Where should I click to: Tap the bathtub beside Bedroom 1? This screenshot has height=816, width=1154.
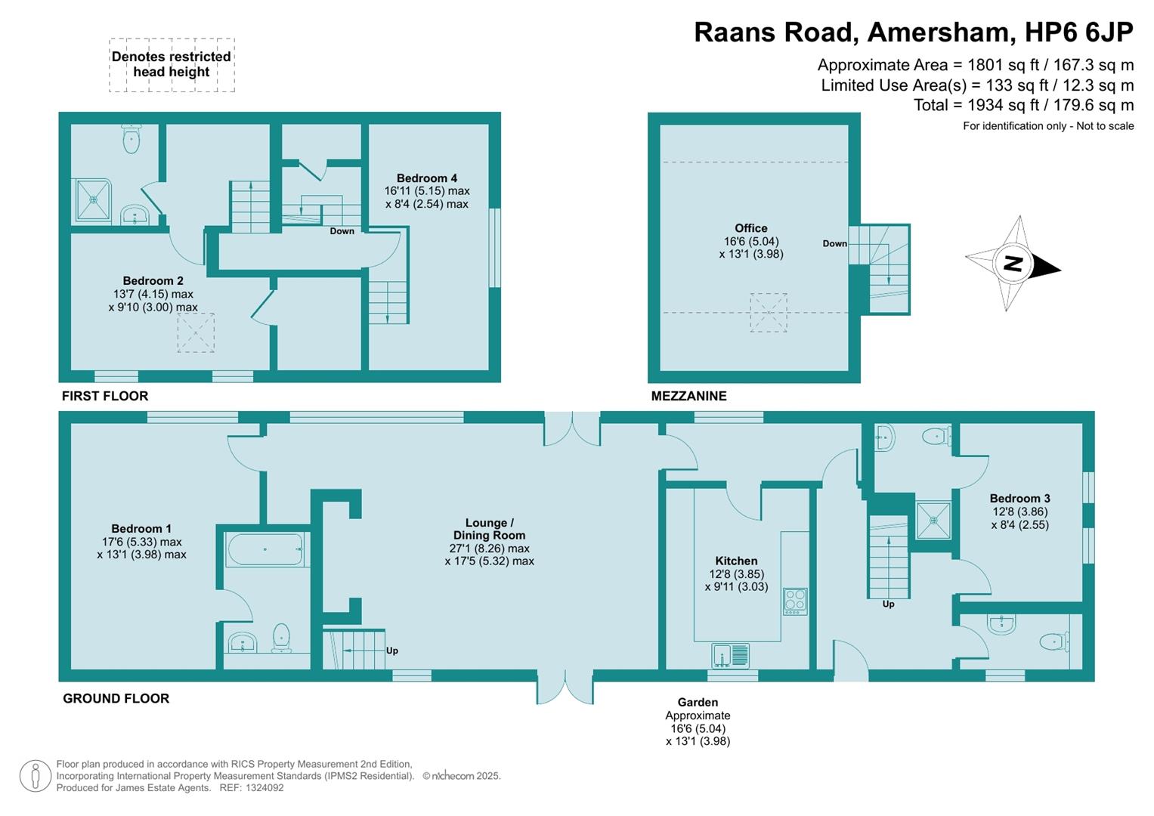(x=265, y=549)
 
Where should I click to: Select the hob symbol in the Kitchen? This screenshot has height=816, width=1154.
(x=795, y=601)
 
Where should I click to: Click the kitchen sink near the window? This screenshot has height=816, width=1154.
(x=730, y=655)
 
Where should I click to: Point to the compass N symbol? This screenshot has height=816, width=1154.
(x=1013, y=264)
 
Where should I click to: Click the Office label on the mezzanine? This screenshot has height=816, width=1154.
(x=750, y=228)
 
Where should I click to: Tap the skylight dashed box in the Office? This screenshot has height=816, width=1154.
(x=768, y=313)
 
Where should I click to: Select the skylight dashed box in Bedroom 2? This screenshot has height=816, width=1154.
(x=196, y=333)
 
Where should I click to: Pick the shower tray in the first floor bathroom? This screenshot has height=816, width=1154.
(x=93, y=200)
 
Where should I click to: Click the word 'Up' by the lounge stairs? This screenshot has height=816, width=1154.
(x=392, y=651)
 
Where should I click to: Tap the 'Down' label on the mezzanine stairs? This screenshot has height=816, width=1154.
(x=834, y=243)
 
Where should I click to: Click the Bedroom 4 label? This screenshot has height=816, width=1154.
(x=426, y=178)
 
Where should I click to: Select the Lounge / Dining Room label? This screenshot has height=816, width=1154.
(x=489, y=529)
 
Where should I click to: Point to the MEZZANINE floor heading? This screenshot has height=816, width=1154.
(x=688, y=396)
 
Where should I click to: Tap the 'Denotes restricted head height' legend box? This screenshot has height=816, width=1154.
(x=172, y=65)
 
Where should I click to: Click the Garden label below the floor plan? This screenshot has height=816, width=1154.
(x=697, y=703)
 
